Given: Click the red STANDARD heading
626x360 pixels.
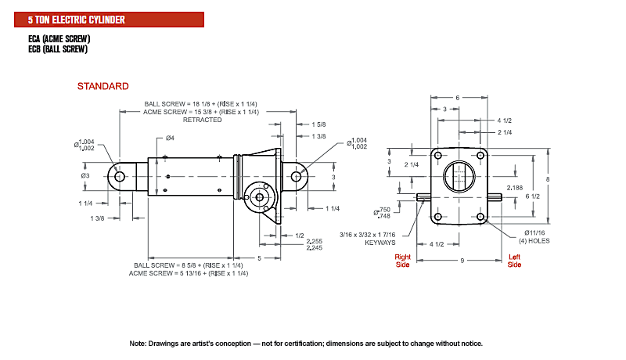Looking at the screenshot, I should pyautogui.click(x=103, y=85).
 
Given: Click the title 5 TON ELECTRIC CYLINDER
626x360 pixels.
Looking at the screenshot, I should pyautogui.click(x=76, y=18).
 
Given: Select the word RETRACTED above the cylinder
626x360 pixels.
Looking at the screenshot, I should pyautogui.click(x=202, y=120).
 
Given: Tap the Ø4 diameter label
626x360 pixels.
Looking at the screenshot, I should pyautogui.click(x=169, y=139).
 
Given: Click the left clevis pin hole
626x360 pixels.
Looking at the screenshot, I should pyautogui.click(x=120, y=177).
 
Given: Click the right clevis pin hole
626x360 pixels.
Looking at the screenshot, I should pyautogui.click(x=299, y=178).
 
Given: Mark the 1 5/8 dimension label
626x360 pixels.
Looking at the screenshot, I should pyautogui.click(x=318, y=124).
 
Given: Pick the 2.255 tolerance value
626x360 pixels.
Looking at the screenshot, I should pyautogui.click(x=314, y=240).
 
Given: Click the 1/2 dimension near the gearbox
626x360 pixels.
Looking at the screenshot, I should pyautogui.click(x=300, y=235).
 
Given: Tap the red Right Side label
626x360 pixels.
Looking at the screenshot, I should pyautogui.click(x=403, y=260).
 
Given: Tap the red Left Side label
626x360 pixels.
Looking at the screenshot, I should pyautogui.click(x=514, y=260).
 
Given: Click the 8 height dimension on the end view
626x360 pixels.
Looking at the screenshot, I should pyautogui.click(x=549, y=180).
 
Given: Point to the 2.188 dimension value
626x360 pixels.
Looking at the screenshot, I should pyautogui.click(x=514, y=188).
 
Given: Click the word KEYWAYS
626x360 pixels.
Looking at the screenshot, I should pyautogui.click(x=382, y=243).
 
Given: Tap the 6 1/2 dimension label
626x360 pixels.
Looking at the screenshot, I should pyautogui.click(x=533, y=195).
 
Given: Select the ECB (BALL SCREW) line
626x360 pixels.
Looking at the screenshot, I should pyautogui.click(x=57, y=49).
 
